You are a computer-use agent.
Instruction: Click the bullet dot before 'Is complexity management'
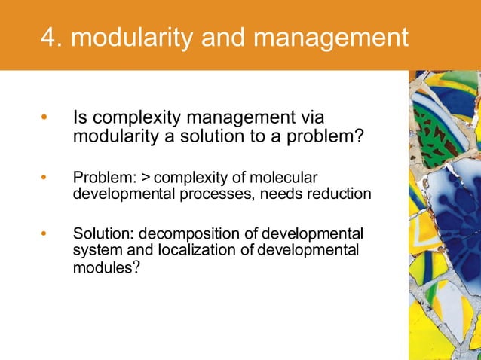pyautogui.click(x=44, y=118)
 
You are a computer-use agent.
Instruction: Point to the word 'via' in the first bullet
pyautogui.click(x=320, y=118)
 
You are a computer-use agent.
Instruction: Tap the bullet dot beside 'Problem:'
pyautogui.click(x=44, y=178)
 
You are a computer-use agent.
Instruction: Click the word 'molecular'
pyautogui.click(x=286, y=178)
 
